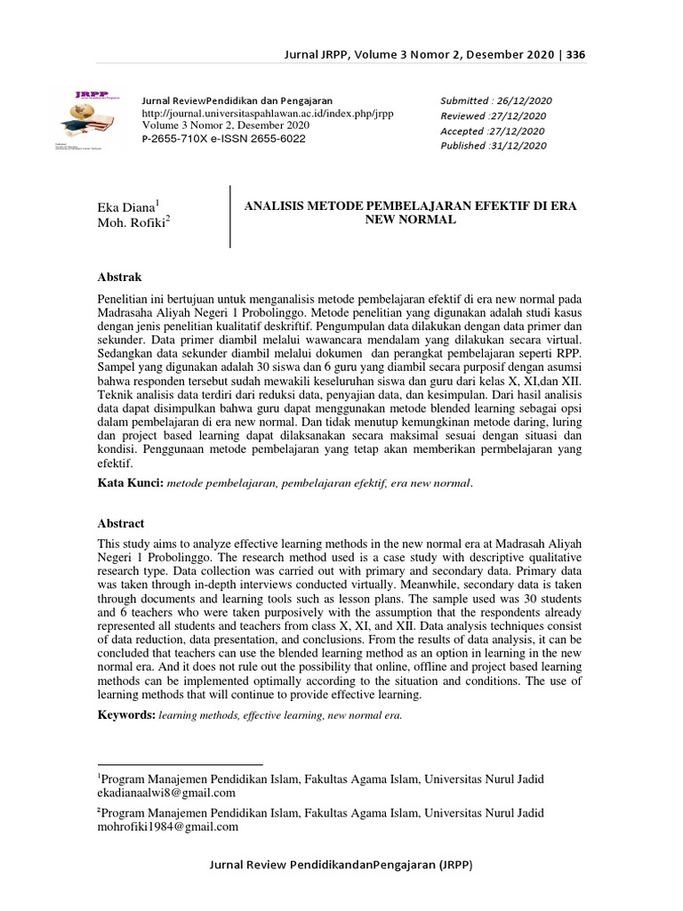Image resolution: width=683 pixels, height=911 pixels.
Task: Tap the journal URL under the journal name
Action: click(x=268, y=113)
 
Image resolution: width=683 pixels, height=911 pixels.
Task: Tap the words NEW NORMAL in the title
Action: click(x=410, y=219)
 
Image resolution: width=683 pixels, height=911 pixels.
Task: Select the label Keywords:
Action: click(x=126, y=714)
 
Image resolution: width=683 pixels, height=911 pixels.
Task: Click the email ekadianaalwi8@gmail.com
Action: click(x=166, y=793)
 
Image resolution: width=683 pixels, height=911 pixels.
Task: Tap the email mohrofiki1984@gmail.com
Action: click(x=168, y=826)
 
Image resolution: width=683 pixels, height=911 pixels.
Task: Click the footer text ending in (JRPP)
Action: click(x=341, y=865)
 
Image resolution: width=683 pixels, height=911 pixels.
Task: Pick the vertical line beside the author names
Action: click(x=230, y=216)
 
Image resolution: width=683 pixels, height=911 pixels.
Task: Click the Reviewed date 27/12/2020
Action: click(x=494, y=116)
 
